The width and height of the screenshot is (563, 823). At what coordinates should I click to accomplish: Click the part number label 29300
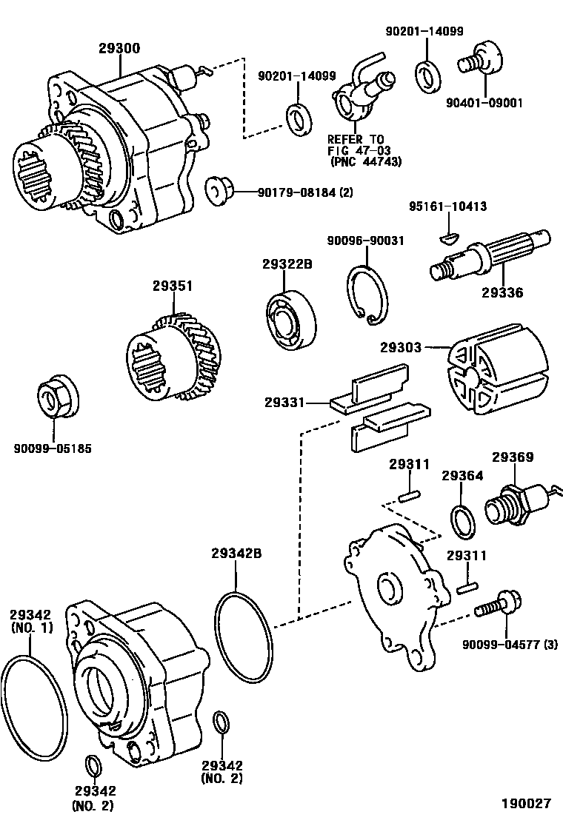click(119, 48)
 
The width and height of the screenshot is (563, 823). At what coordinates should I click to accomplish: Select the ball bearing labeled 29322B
click(290, 320)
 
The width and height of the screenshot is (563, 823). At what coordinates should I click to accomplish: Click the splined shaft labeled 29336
click(489, 256)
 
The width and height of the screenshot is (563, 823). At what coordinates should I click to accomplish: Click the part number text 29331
click(284, 403)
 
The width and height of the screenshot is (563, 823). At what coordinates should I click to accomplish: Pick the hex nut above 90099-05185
click(53, 400)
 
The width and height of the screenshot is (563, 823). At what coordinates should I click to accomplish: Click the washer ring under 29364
click(462, 520)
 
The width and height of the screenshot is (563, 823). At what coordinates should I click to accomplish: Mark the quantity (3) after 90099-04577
click(550, 644)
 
